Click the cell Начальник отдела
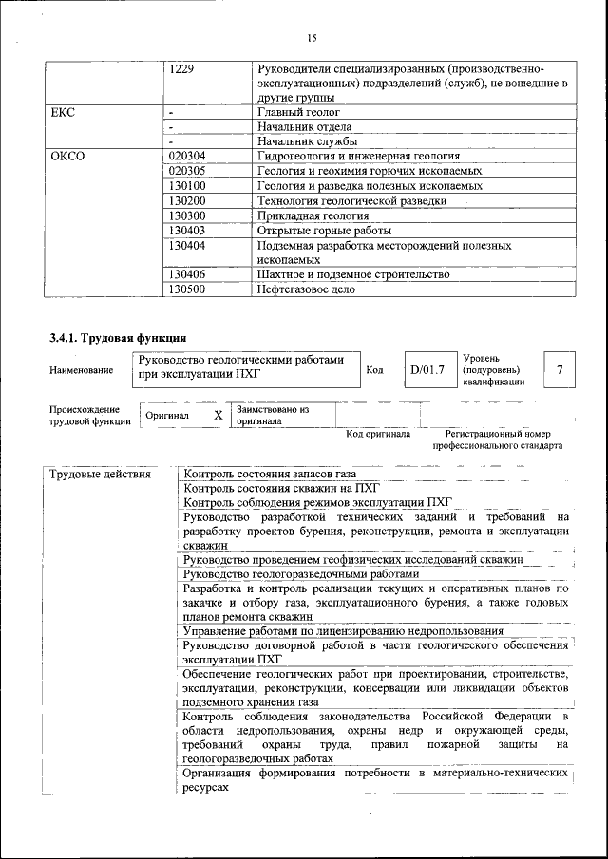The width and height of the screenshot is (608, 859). click(x=304, y=126)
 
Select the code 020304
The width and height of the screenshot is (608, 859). click(x=186, y=156)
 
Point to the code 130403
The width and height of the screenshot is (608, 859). click(x=186, y=230)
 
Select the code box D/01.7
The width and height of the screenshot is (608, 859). click(x=427, y=369)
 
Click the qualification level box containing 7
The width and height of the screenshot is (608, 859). click(x=560, y=369)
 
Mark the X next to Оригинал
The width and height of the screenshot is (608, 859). click(x=218, y=416)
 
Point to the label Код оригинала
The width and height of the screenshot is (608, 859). click(x=378, y=434)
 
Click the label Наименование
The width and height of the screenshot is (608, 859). click(x=76, y=370)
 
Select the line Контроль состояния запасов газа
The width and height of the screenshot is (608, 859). click(x=271, y=474)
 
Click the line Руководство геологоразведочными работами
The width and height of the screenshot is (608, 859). click(x=300, y=574)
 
